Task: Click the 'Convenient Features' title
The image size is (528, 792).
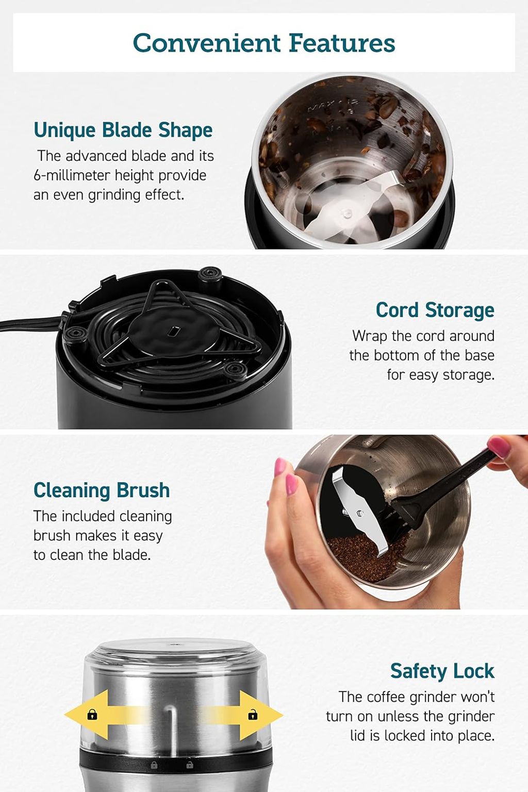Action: (264, 43)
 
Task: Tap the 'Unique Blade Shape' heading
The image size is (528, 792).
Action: (123, 130)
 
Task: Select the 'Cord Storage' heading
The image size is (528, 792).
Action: (435, 310)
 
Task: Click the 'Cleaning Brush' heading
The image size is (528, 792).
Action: (102, 490)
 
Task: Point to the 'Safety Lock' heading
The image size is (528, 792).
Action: (442, 671)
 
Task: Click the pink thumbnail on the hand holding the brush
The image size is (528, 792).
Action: (499, 447)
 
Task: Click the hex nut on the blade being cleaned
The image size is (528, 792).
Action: (359, 514)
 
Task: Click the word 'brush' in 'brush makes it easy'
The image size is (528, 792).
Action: (52, 536)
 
